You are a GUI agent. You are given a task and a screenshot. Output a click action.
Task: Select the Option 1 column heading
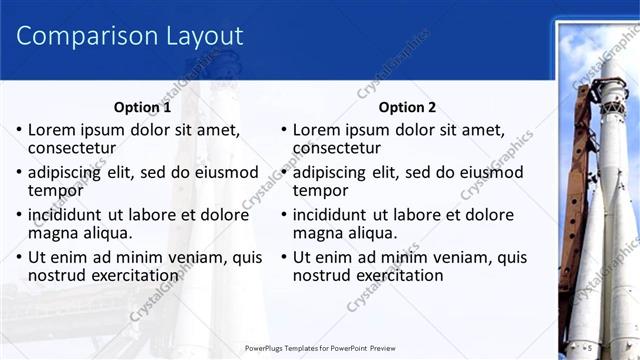142,108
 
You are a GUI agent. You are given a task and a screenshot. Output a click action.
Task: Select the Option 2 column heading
407,108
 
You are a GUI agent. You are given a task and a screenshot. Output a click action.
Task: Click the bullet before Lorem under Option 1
18,130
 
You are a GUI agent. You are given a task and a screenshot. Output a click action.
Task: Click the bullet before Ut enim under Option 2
283,257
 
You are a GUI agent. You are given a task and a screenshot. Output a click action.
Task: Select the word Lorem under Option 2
318,130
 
